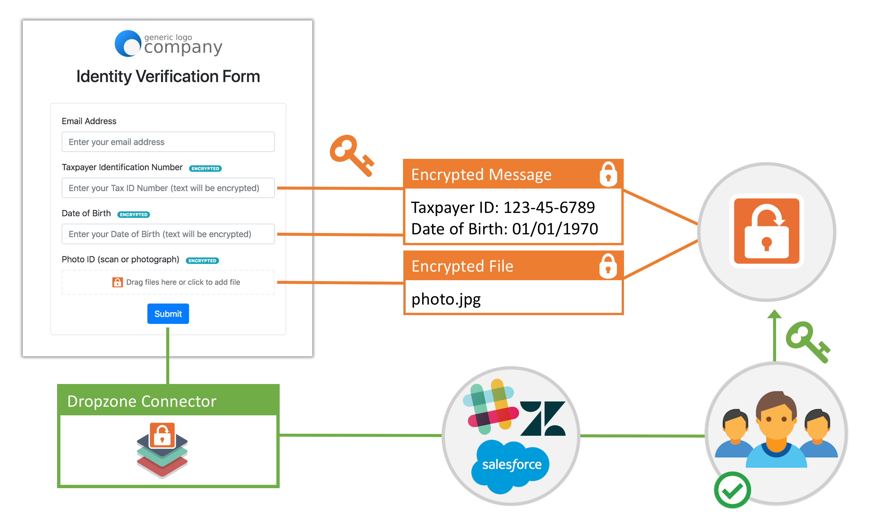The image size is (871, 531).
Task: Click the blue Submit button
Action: click(x=168, y=313)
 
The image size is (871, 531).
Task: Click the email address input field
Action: click(x=168, y=142)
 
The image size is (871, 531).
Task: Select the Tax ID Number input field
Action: click(x=168, y=188)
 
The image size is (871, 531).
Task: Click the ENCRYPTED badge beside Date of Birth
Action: click(x=134, y=215)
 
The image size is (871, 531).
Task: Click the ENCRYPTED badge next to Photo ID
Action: click(x=202, y=261)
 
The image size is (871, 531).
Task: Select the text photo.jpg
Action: click(x=446, y=299)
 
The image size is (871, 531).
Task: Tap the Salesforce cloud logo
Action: click(x=511, y=464)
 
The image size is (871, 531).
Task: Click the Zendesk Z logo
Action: click(x=543, y=419)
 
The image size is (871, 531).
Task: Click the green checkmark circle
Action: click(x=732, y=490)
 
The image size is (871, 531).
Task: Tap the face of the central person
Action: click(x=776, y=421)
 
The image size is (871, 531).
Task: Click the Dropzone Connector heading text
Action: click(x=141, y=401)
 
